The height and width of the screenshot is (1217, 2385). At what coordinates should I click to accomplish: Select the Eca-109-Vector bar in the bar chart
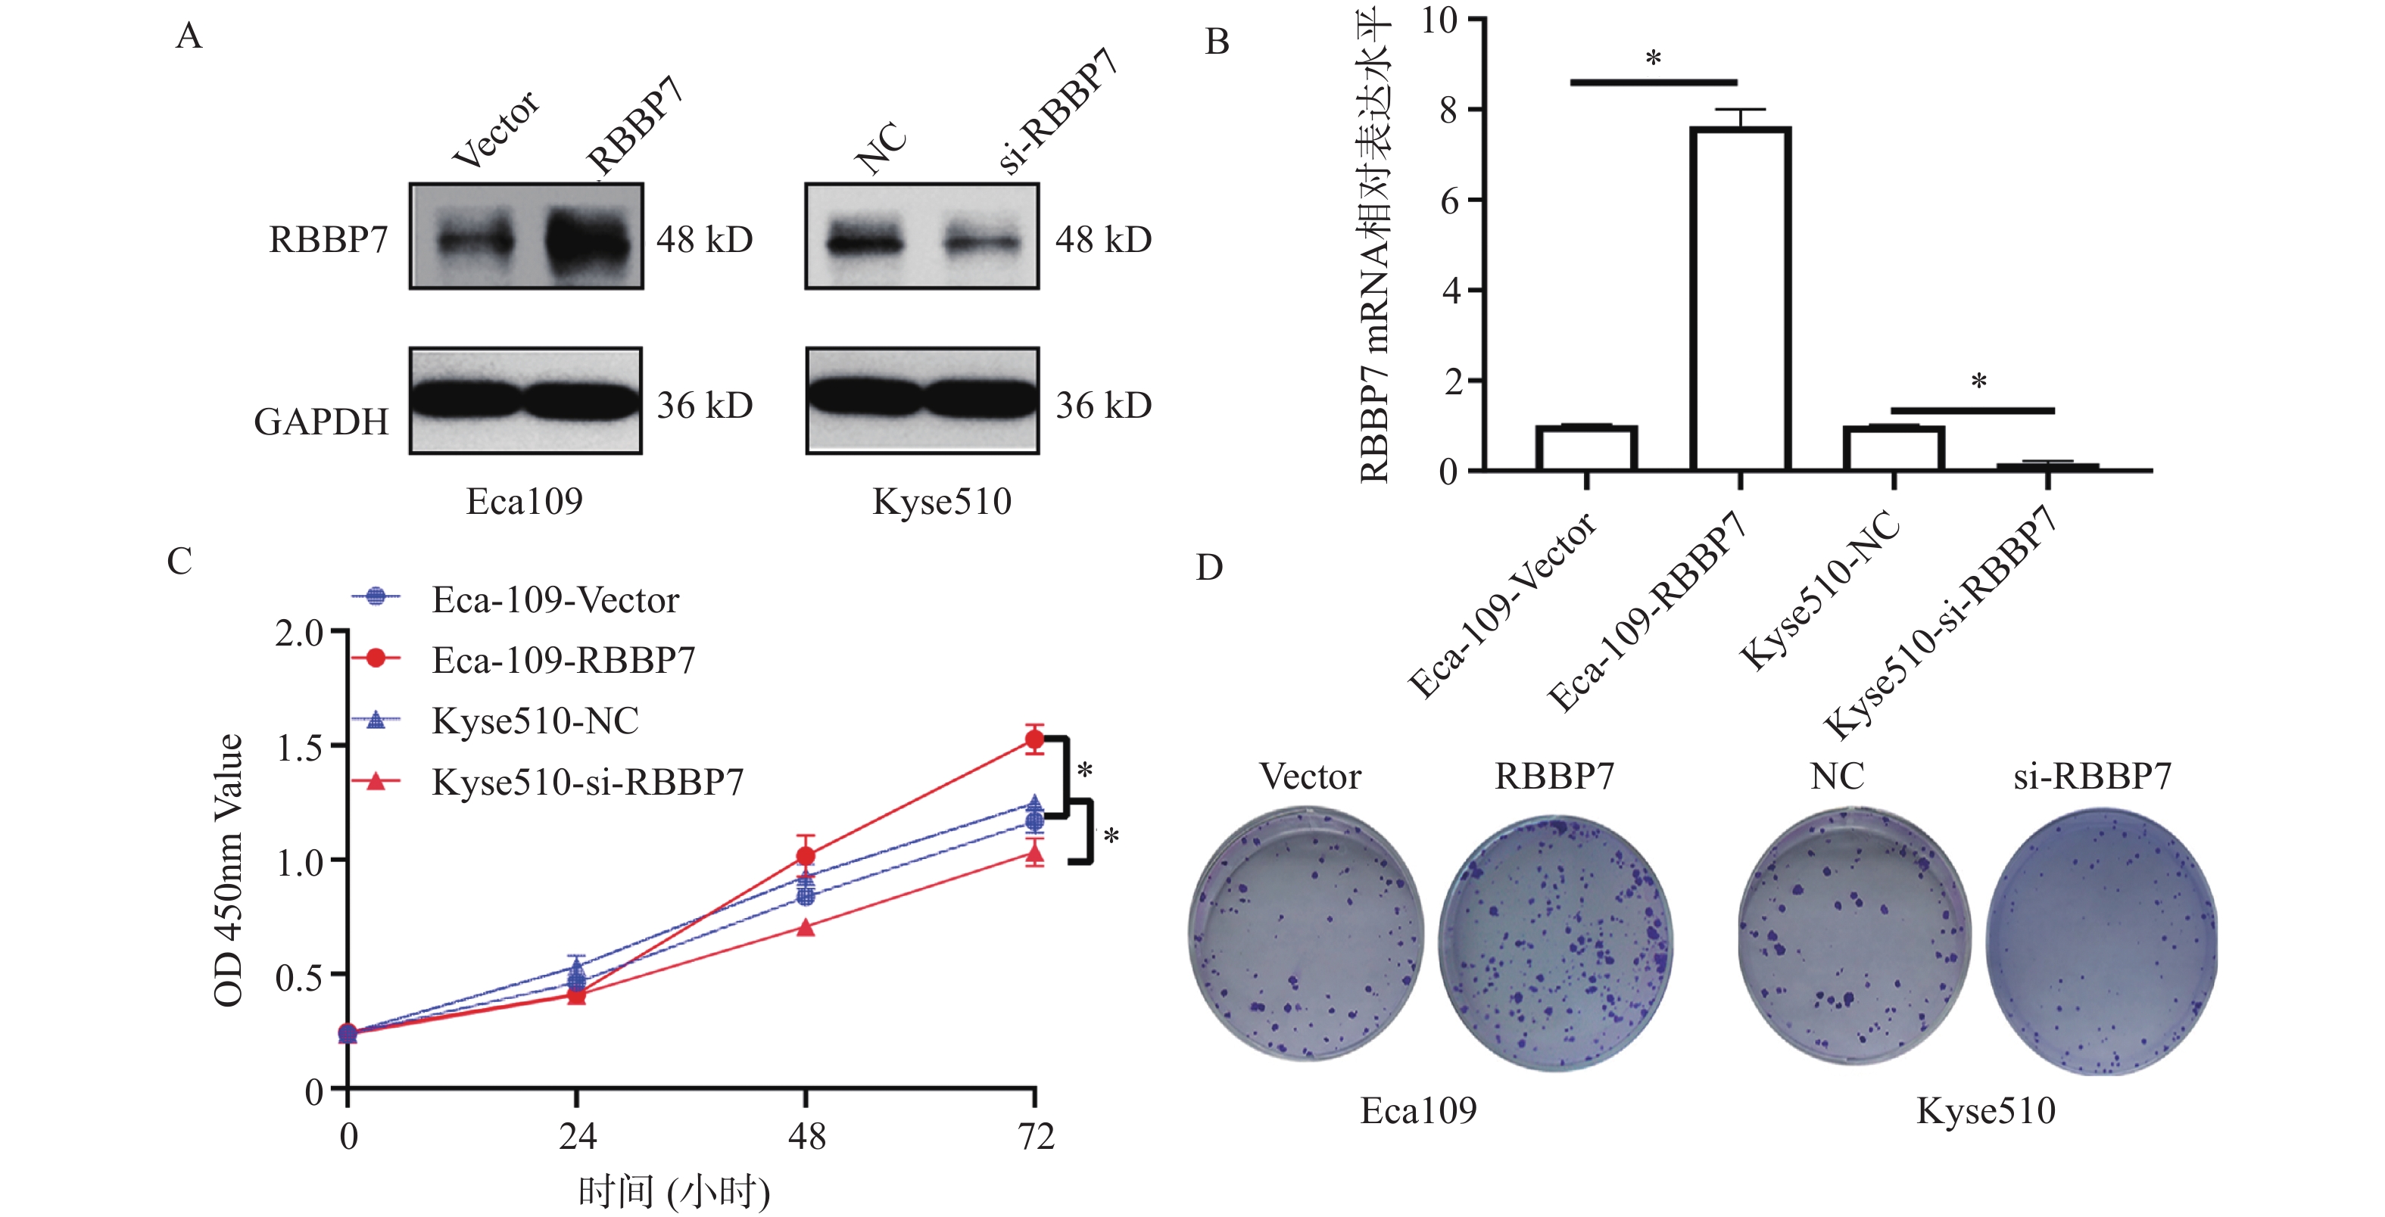[1586, 448]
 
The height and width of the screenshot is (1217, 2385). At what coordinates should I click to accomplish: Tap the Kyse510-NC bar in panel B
[1894, 448]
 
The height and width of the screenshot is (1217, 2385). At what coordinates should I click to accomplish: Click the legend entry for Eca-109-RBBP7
[563, 660]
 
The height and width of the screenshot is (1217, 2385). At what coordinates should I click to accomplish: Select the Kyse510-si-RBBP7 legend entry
[587, 782]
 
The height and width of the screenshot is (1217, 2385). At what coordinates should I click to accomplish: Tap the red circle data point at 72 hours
[1034, 739]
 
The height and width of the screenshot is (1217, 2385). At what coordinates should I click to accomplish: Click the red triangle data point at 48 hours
[806, 927]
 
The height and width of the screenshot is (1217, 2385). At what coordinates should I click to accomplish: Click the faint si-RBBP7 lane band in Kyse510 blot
[981, 242]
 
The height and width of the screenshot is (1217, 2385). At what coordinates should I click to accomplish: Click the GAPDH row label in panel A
[321, 422]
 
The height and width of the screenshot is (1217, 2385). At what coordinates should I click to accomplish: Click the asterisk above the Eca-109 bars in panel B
[1654, 60]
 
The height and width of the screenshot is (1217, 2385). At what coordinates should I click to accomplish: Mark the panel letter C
[179, 562]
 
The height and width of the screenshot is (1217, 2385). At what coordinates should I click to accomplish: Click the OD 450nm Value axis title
[228, 870]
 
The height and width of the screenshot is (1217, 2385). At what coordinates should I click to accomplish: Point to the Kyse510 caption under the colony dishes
[1985, 1110]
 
